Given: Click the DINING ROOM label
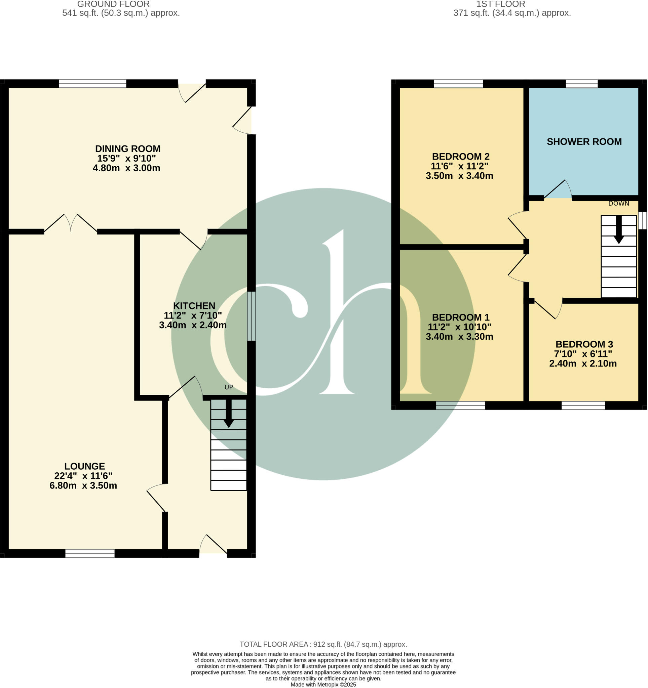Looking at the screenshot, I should pos(128,149).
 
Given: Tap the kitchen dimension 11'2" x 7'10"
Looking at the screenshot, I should pos(193,315).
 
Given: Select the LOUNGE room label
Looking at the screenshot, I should pos(84,466).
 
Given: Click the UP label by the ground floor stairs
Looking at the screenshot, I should pos(229,387).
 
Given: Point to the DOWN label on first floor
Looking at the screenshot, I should pos(618,204).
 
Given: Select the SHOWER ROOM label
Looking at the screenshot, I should pos(584,141).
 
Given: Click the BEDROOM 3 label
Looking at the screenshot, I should pos(584,344).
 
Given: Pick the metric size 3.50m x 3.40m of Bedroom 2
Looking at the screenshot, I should pos(459,176).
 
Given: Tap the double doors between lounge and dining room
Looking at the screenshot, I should pos(71,223).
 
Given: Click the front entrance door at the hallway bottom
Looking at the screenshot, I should pos(213,546).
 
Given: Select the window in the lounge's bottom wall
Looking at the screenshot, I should pos(90,553).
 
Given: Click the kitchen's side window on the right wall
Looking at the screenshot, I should pos(252,316).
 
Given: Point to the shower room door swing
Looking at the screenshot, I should pos(558,190).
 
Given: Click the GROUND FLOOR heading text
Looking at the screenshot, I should pos(113,4).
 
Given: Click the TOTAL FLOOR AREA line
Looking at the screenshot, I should pos(323,644).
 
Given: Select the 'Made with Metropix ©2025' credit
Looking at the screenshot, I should pos(323,685).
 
